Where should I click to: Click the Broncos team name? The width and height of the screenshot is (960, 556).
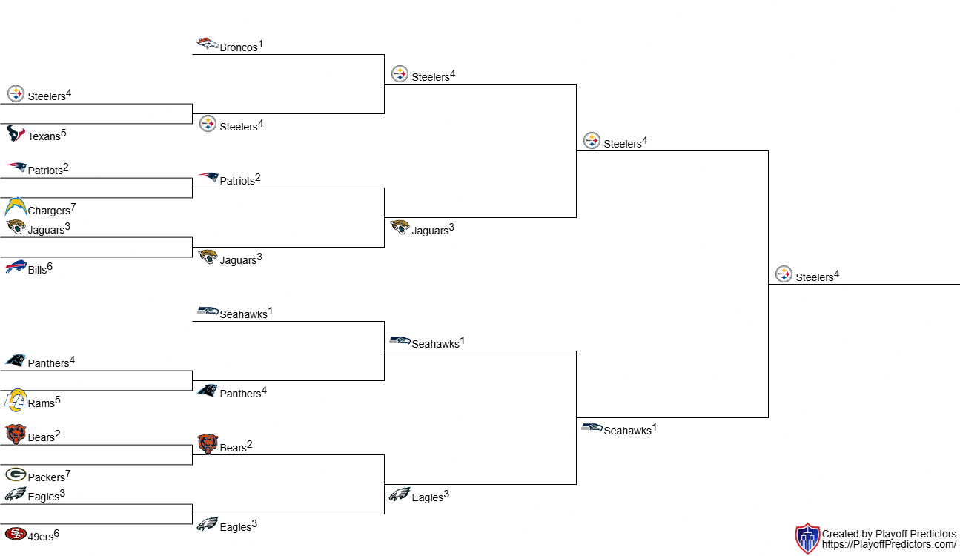pos(238,47)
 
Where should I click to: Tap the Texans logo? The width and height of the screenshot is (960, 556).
pos(16,133)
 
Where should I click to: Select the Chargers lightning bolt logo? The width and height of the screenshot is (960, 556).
pos(16,207)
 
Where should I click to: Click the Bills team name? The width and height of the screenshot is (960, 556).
pos(37,270)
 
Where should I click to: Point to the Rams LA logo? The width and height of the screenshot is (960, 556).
pos(16,400)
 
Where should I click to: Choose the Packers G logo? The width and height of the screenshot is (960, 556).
pos(16,474)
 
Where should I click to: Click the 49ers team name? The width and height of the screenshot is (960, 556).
pos(41,537)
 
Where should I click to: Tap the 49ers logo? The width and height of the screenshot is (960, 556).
pos(16,535)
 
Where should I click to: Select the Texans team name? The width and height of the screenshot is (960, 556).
pos(44,136)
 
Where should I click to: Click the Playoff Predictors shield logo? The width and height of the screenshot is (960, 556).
pos(807,538)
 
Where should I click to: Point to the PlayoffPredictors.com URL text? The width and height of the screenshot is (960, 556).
pos(889,544)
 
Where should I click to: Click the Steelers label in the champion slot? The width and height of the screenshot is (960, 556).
pos(814,277)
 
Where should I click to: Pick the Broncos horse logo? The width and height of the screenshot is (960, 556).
pos(208,44)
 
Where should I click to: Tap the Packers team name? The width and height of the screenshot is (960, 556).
pos(46,477)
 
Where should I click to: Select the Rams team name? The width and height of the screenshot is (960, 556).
pos(42,403)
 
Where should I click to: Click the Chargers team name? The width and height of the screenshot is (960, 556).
pos(49,211)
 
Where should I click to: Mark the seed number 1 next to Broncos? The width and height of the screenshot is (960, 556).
pos(261,44)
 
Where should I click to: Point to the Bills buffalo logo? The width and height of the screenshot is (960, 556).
pos(16,266)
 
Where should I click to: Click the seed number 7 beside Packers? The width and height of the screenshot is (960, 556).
pos(68,474)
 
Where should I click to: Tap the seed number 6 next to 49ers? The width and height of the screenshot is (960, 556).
pos(56,533)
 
